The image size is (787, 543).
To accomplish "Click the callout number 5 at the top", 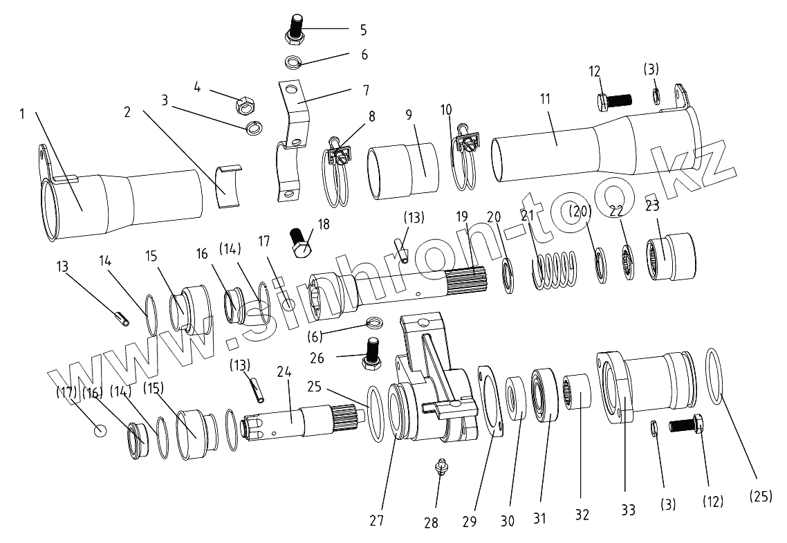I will click(363, 30).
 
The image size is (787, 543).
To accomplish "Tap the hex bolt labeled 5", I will click(295, 29).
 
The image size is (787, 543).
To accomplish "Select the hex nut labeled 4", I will click(245, 106).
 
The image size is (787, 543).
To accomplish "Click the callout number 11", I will click(545, 99).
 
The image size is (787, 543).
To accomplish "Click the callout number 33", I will click(627, 510).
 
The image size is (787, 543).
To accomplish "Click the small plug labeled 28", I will click(438, 468).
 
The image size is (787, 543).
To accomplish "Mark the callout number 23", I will click(652, 205).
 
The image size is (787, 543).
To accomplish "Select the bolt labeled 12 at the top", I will click(611, 102).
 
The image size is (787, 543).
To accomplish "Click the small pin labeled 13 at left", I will click(122, 320).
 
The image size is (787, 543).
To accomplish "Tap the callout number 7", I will click(365, 90).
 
